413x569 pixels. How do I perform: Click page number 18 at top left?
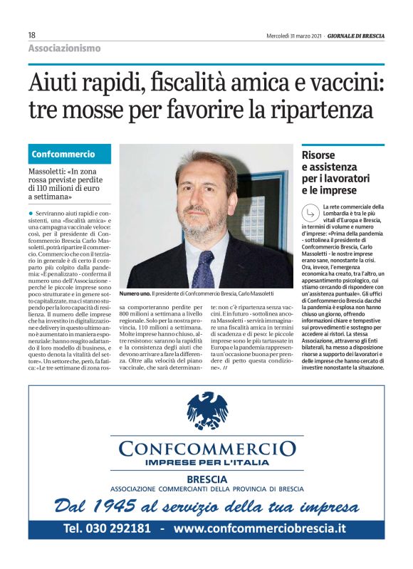click(x=32, y=35)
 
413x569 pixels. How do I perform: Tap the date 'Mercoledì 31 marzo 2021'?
click(x=295, y=36)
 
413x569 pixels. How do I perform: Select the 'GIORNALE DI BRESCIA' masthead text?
click(x=356, y=36)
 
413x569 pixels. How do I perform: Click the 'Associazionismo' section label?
click(x=64, y=48)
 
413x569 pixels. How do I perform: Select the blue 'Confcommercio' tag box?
click(x=70, y=154)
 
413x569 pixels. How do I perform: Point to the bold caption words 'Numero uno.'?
click(x=135, y=293)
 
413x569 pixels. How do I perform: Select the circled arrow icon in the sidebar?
click(x=310, y=212)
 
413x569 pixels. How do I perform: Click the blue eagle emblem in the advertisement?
click(x=207, y=410)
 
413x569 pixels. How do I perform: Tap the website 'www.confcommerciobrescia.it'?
click(x=260, y=528)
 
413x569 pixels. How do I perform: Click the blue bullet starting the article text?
click(x=31, y=213)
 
